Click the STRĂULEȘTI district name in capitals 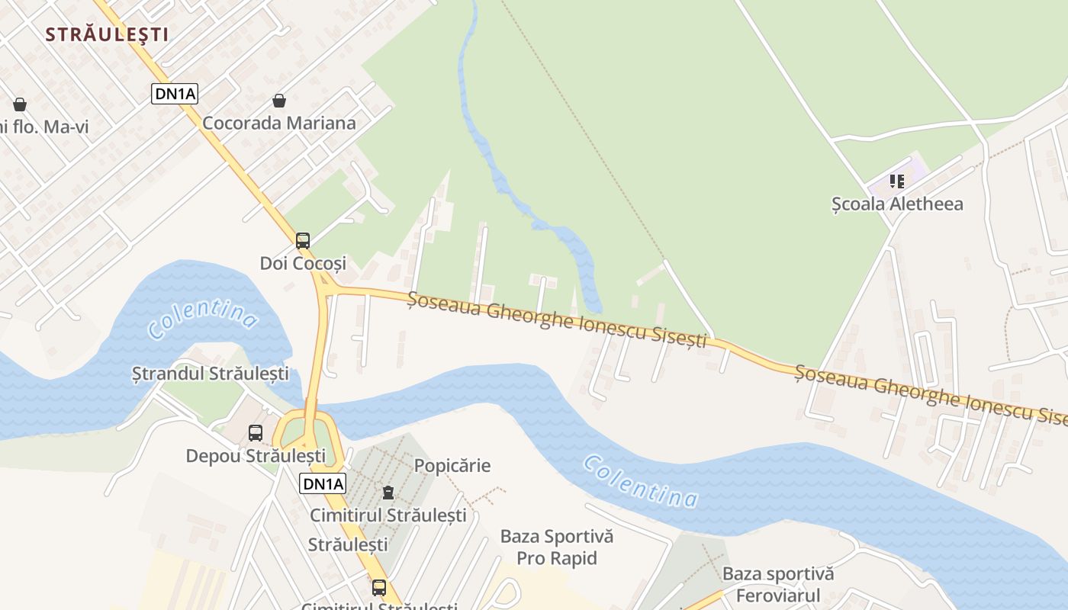point(107,34)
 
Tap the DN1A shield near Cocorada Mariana point(175,94)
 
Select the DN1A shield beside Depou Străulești point(323,483)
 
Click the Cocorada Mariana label point(278,123)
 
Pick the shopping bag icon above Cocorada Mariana point(279,101)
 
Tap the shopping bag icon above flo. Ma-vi point(20,104)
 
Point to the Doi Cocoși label point(303,263)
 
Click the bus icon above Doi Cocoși point(303,241)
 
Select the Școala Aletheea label point(897,204)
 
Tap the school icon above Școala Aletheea point(897,181)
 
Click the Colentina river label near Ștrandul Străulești point(202,319)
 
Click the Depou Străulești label point(256,456)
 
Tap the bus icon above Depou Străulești point(256,433)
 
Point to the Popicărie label point(452,465)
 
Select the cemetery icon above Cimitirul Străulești point(388,493)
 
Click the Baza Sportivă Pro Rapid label point(557,547)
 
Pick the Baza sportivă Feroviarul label point(778,584)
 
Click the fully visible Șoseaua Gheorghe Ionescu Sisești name point(558,320)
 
